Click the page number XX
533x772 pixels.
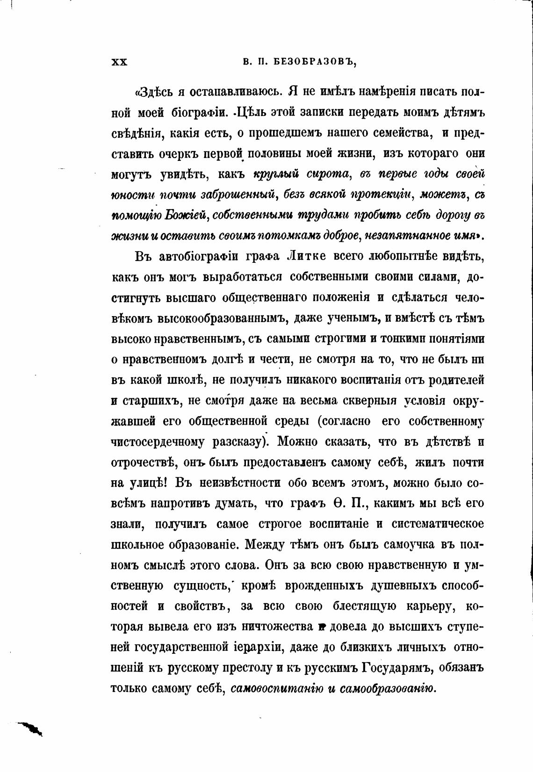click(x=120, y=62)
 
